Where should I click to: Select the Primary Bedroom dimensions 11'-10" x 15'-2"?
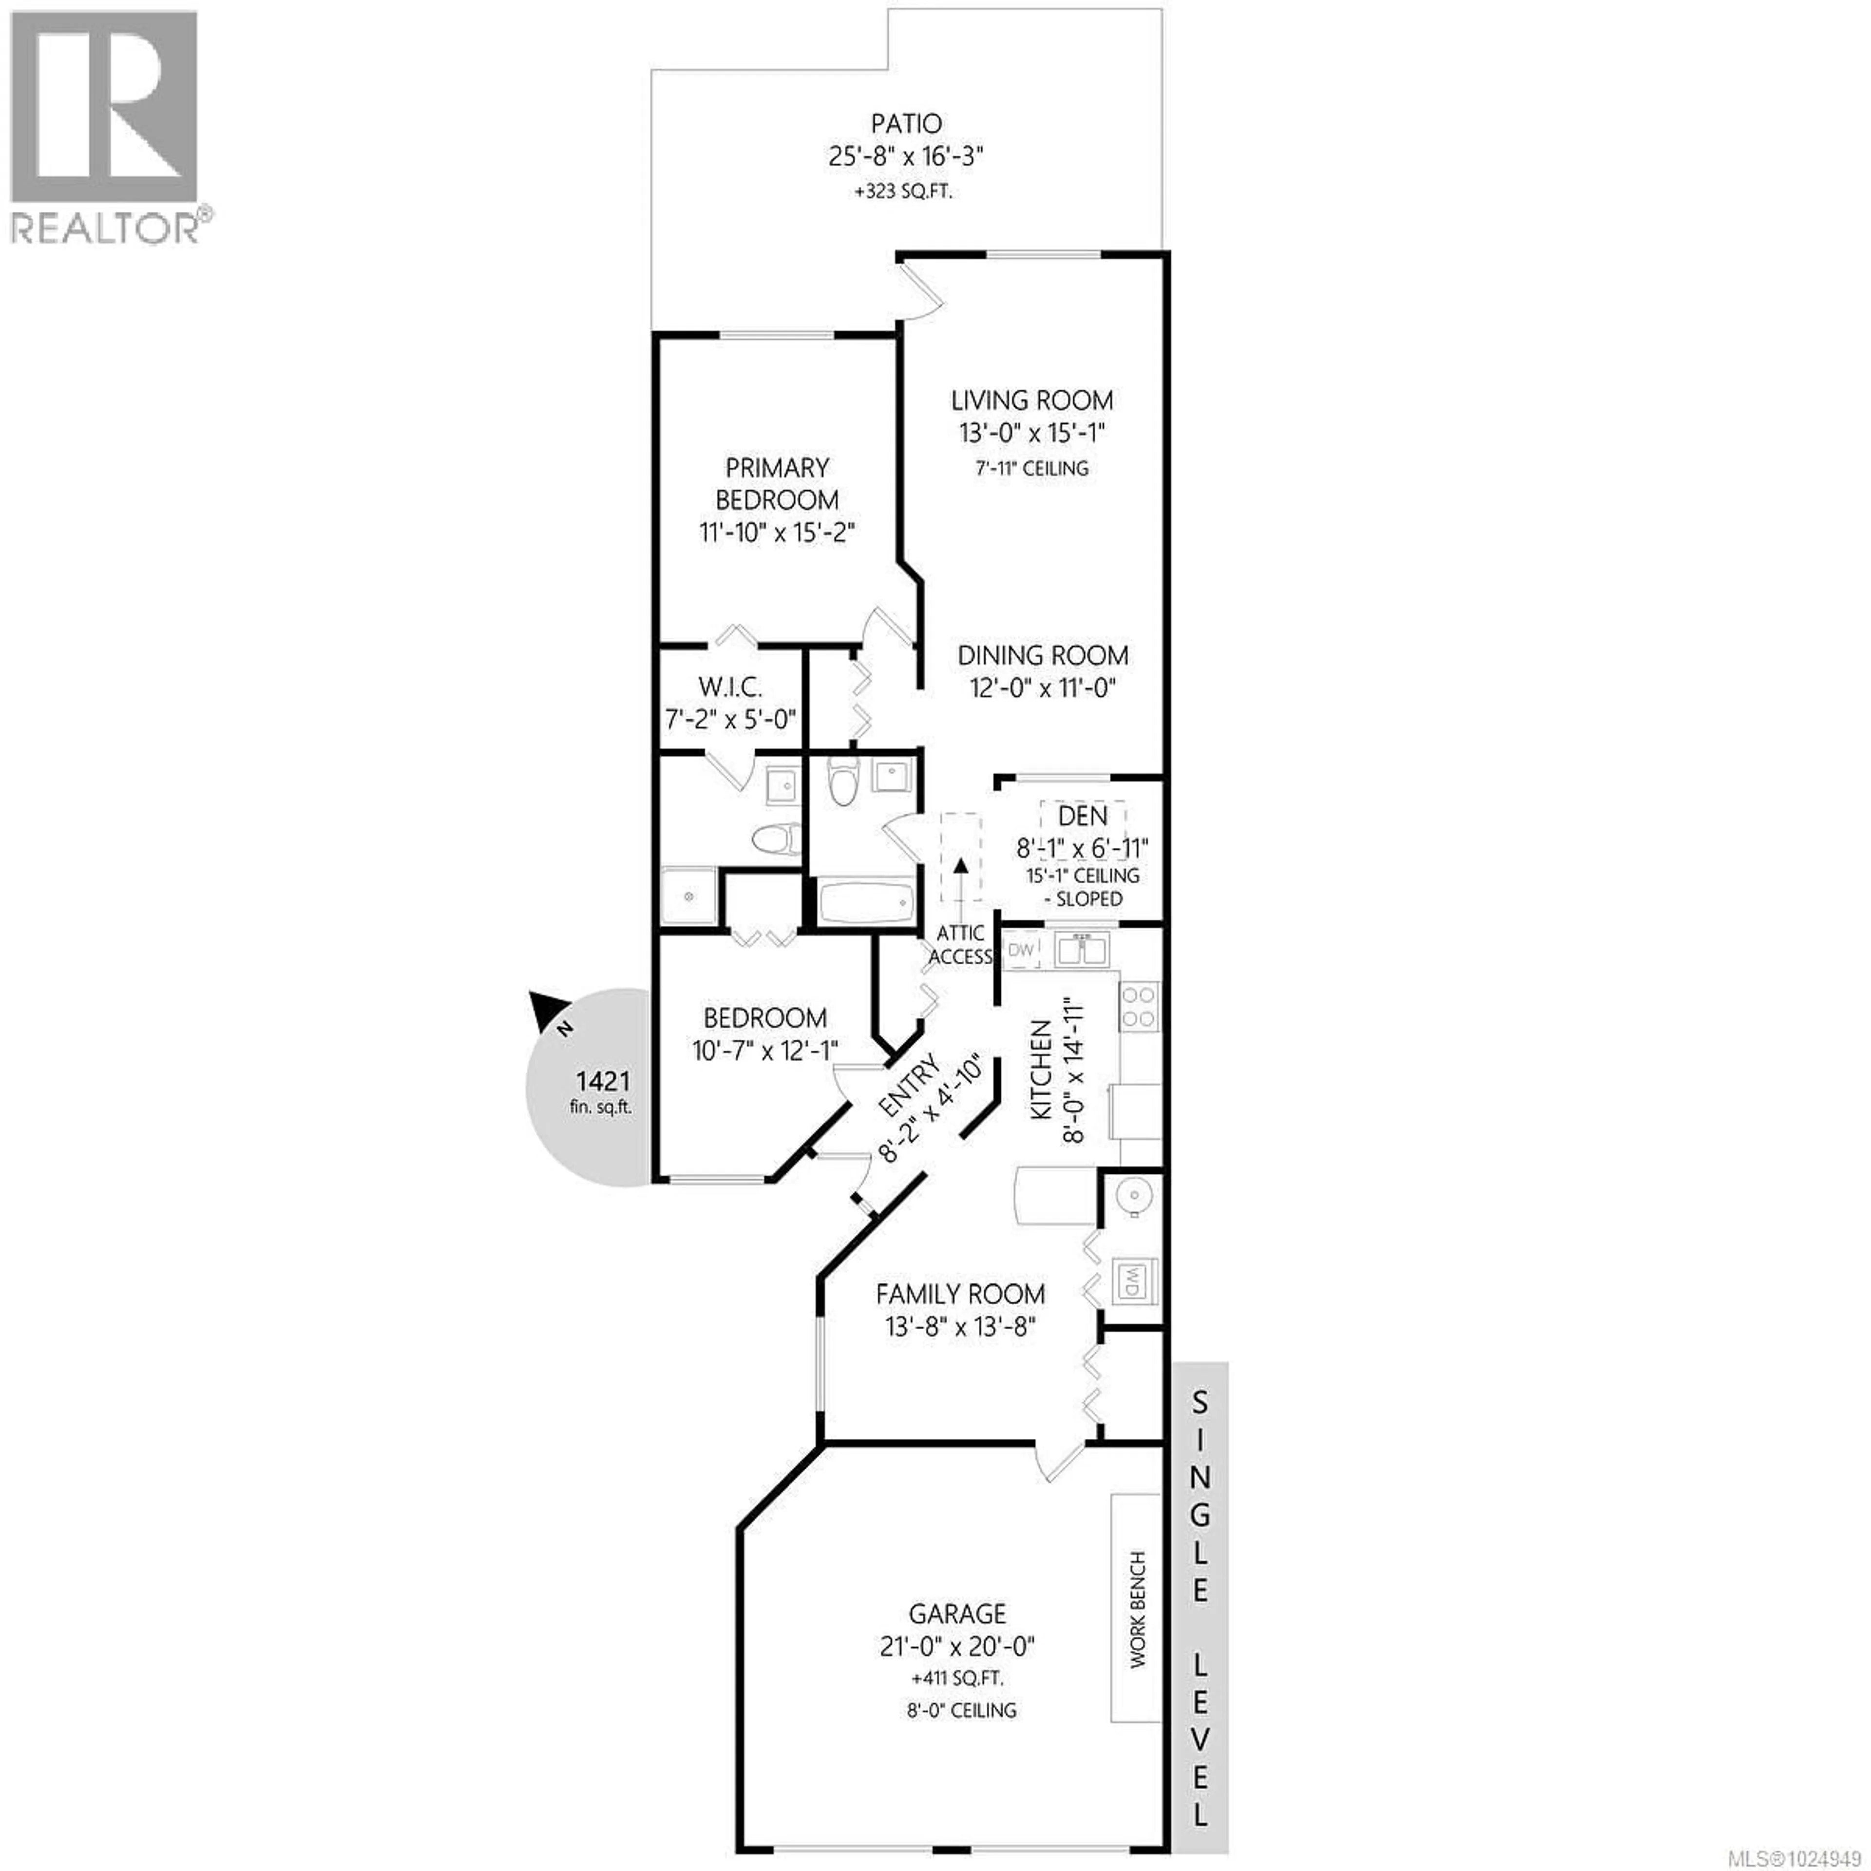point(778,533)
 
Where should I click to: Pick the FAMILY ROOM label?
point(960,1294)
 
